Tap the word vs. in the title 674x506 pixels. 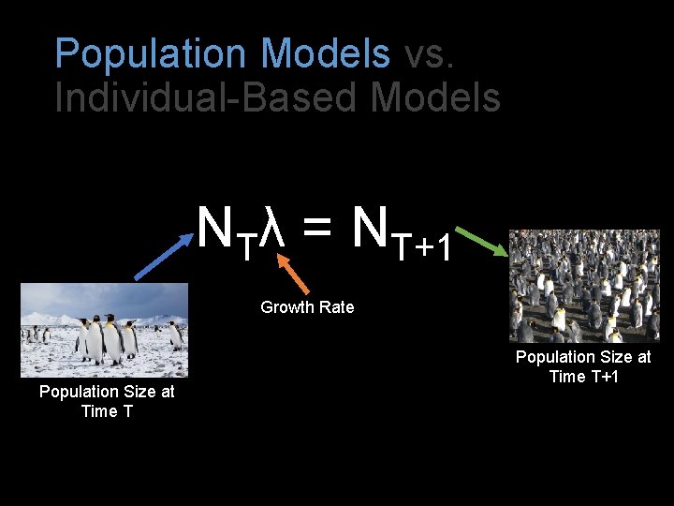pos(430,53)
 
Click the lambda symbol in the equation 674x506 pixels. pos(271,228)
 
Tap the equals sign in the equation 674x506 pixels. pos(316,230)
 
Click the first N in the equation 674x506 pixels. pos(215,225)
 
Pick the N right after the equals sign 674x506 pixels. pos(371,225)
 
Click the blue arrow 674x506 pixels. pos(166,253)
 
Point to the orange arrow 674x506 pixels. pos(294,275)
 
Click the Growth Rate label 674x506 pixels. pos(307,307)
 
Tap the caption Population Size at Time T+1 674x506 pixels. pos(583,366)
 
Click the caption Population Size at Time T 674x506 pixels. pos(107,401)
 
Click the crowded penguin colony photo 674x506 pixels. pos(584,286)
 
